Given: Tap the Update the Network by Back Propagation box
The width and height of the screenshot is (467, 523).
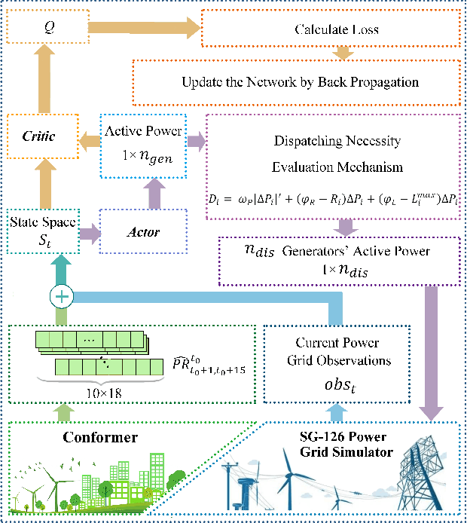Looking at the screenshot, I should click(300, 81).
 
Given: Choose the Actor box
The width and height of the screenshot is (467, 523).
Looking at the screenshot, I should click(144, 231).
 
